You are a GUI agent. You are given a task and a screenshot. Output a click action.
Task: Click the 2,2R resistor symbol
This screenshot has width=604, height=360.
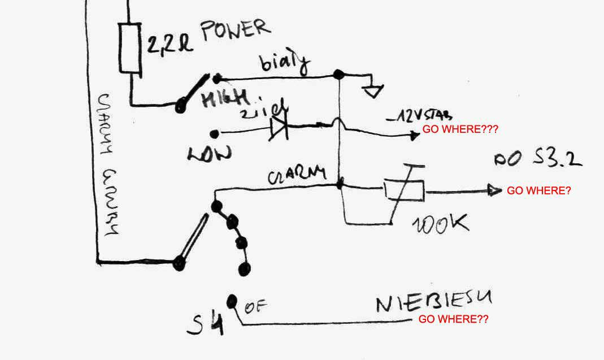pyautogui.click(x=129, y=47)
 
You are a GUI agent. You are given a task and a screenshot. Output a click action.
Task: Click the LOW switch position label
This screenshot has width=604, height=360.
pyautogui.click(x=208, y=153)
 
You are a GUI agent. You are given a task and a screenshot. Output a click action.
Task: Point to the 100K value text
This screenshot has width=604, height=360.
pyautogui.click(x=441, y=224)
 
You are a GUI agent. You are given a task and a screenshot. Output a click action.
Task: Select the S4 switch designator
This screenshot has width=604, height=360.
pyautogui.click(x=207, y=322)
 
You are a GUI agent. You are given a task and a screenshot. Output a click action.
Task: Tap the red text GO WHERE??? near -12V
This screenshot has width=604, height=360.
pyautogui.click(x=460, y=129)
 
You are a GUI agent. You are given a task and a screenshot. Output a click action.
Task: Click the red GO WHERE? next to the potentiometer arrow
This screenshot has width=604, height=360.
pyautogui.click(x=538, y=191)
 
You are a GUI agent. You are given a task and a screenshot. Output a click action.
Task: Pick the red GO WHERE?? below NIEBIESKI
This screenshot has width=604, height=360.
pyautogui.click(x=453, y=319)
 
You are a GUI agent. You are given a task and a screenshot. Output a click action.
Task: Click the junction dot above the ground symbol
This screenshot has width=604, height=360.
pyautogui.click(x=338, y=75)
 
